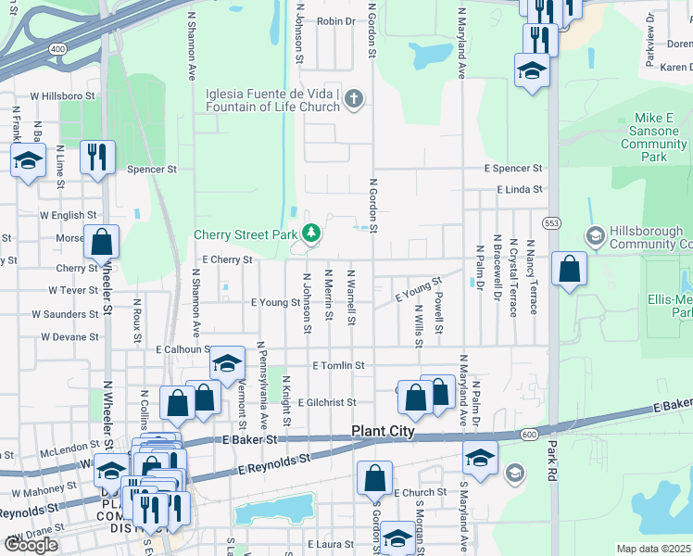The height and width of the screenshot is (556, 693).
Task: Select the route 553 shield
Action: point(552,223)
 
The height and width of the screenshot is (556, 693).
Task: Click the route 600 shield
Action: point(529,435)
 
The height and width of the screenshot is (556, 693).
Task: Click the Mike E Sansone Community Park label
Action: point(654,138)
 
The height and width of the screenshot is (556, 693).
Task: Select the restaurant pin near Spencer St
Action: point(97,158)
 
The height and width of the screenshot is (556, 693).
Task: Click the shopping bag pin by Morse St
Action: point(101,242)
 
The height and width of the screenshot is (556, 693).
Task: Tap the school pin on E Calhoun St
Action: point(226,364)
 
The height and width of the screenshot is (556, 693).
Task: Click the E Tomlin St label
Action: point(338,366)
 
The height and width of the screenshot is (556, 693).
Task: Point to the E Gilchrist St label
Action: point(321,402)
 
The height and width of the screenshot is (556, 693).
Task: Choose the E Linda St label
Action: point(519,189)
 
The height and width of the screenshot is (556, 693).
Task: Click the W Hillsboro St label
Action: point(63,95)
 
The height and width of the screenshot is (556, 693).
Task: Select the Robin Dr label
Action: point(335,21)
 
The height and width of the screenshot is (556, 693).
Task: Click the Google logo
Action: point(31,545)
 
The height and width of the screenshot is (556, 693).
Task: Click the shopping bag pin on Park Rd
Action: point(569,270)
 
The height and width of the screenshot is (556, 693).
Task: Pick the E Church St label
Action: point(420,492)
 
